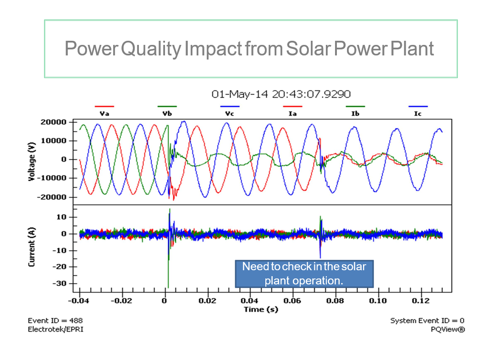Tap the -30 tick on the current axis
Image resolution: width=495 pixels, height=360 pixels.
[60, 284]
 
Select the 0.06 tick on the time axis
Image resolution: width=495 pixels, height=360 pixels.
[292, 300]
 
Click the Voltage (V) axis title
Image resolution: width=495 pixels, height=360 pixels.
[32, 162]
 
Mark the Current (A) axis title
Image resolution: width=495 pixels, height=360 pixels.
[32, 247]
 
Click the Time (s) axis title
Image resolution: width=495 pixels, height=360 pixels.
[260, 309]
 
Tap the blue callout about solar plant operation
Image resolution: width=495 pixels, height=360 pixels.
[304, 273]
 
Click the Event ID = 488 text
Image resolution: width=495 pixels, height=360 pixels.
[55, 321]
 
